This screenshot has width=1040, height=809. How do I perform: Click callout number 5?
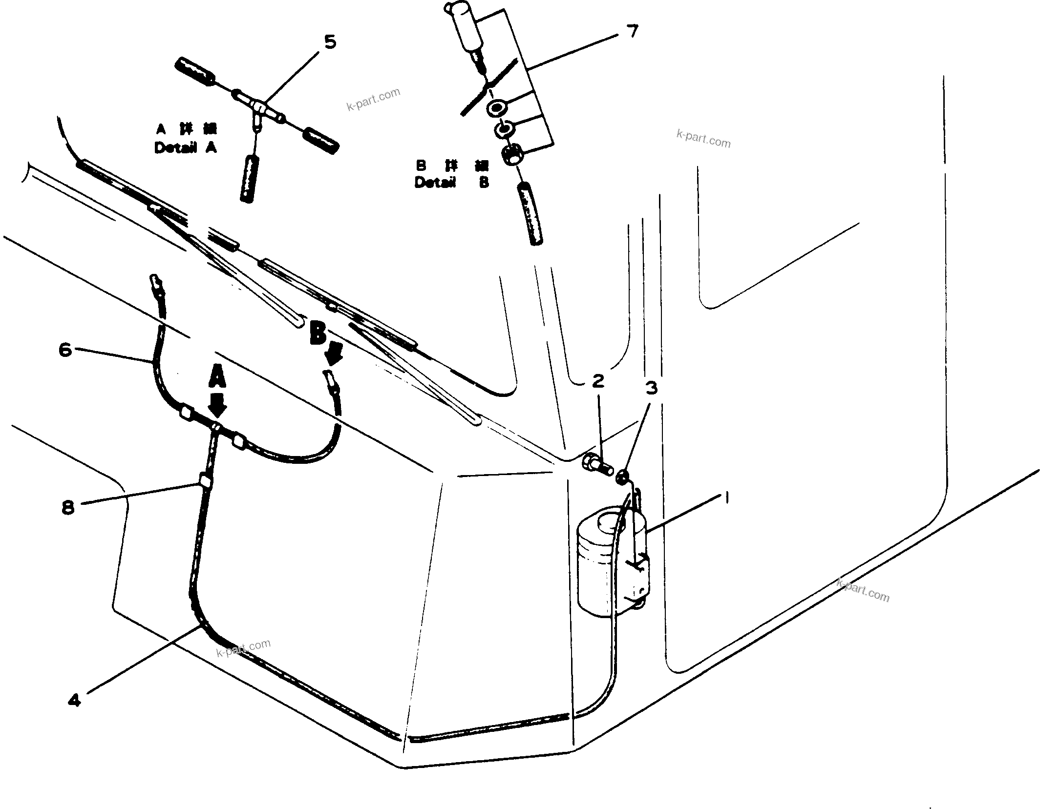pyautogui.click(x=330, y=42)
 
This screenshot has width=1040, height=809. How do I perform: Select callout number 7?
pyautogui.click(x=632, y=31)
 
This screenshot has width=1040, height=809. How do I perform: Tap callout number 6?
pyautogui.click(x=65, y=350)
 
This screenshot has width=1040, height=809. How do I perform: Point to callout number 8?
pyautogui.click(x=68, y=507)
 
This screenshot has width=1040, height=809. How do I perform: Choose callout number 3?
pyautogui.click(x=652, y=388)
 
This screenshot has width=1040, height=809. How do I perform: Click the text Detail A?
pyautogui.click(x=185, y=147)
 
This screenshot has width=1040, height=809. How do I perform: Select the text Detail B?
pyautogui.click(x=451, y=183)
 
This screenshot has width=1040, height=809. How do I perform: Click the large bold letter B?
pyautogui.click(x=318, y=335)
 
